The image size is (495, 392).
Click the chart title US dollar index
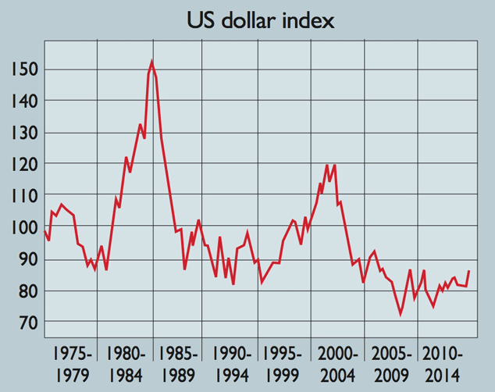(261, 20)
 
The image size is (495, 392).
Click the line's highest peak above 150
(151, 62)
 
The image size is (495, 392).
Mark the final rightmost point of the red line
(468, 271)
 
